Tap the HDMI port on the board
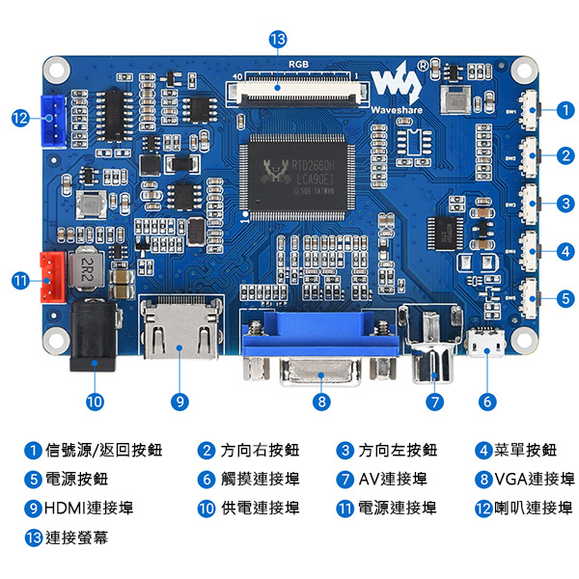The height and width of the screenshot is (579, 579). point(179,334)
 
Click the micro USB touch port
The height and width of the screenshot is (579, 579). point(487,342)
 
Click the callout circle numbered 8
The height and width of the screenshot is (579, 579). point(321,400)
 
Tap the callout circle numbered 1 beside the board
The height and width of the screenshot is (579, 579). point(565,110)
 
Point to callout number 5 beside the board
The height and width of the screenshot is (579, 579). point(565,299)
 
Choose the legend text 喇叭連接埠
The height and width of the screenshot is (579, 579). point(534,509)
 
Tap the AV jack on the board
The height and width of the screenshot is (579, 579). point(431,347)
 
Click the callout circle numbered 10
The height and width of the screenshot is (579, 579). point(95,400)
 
